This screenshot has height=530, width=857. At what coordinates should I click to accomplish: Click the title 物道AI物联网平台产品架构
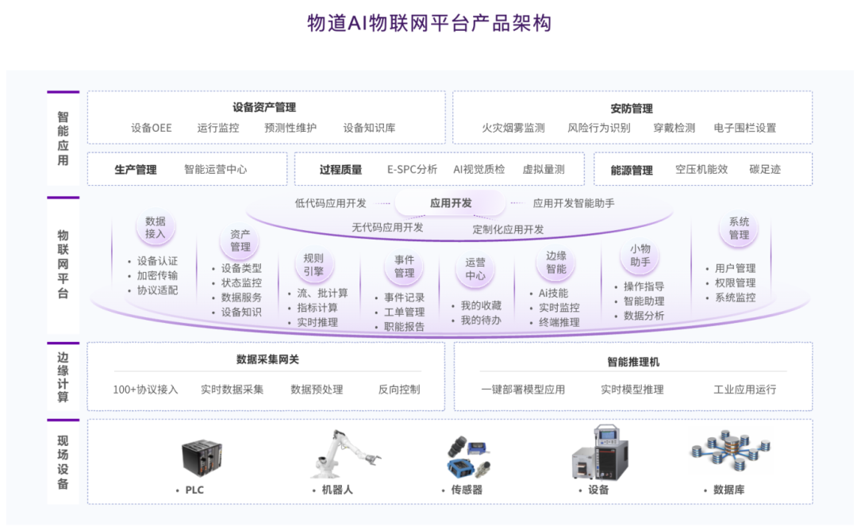tap(428, 23)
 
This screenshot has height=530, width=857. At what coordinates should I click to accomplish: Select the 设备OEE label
tap(152, 128)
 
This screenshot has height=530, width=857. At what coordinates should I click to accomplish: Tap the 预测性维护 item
tap(290, 128)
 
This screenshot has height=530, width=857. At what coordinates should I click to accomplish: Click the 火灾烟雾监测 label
tap(513, 128)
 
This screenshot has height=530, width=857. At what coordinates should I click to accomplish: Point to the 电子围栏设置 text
tap(744, 128)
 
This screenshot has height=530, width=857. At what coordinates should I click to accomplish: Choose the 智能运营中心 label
tap(215, 169)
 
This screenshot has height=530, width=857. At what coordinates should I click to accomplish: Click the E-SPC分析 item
tap(412, 169)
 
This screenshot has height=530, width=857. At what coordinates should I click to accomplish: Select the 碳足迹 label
tap(765, 169)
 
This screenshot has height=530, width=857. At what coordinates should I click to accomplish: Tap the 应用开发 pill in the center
tap(451, 203)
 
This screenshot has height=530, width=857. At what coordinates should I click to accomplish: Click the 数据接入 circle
tap(156, 228)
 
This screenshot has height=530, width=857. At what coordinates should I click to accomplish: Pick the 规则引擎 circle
tap(313, 264)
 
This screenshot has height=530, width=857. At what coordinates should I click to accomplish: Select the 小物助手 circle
tap(640, 255)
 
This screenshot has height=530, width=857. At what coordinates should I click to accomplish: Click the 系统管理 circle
tap(739, 229)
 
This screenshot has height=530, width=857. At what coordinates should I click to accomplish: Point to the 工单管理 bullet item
tap(404, 312)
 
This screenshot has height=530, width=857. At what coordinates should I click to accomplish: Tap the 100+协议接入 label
tap(145, 390)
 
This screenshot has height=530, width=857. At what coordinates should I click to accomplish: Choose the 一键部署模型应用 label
tap(523, 390)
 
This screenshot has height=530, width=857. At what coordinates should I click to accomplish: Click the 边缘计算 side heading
tap(63, 377)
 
